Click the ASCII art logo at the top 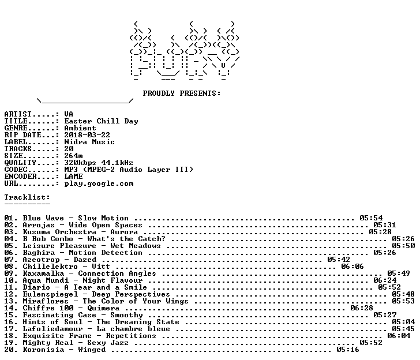185,51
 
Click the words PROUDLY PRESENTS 182,93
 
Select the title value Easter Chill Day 102,121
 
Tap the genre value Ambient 80,128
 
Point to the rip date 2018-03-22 87,135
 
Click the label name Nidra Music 89,142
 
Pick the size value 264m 73,156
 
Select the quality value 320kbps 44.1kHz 99,163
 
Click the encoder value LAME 73,177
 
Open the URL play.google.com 99,183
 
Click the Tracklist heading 27,197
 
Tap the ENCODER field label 20,177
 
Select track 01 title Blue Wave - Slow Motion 76,218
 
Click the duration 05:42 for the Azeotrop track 339,260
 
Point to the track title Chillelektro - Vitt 66,267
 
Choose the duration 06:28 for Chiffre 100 362,308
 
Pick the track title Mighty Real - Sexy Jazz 76,343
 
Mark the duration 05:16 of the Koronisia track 348,350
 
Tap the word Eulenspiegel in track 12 50,294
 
